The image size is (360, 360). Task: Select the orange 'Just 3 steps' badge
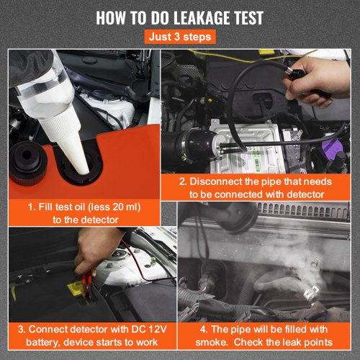(x=179, y=36)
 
